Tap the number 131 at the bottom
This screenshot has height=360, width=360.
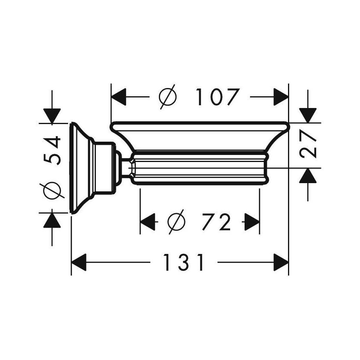coord(184,262)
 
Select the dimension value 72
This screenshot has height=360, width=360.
coord(216,222)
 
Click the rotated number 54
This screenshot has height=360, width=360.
coord(52,150)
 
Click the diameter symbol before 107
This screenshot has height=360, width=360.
coord(168,97)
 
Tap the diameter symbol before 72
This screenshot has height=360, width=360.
coord(176,222)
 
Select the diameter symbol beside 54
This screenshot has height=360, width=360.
coord(52,190)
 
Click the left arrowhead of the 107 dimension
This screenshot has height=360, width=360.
coord(119,97)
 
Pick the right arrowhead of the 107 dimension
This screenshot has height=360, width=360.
coord(281,97)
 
